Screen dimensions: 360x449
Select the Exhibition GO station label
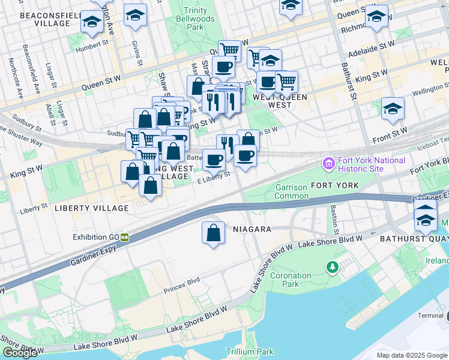[x=95, y=236]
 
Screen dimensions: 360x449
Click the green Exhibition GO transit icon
[x=125, y=236]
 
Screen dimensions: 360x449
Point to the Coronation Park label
[x=291, y=280]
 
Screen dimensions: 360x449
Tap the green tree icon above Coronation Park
[x=330, y=266]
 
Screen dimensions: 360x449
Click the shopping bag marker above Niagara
[x=213, y=234]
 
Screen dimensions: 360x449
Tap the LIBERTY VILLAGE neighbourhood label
[x=91, y=208]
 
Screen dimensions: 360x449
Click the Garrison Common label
[x=291, y=191]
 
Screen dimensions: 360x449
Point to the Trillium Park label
[x=250, y=352]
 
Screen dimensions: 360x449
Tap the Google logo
[x=20, y=353]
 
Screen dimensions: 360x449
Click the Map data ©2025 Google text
[x=411, y=355]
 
